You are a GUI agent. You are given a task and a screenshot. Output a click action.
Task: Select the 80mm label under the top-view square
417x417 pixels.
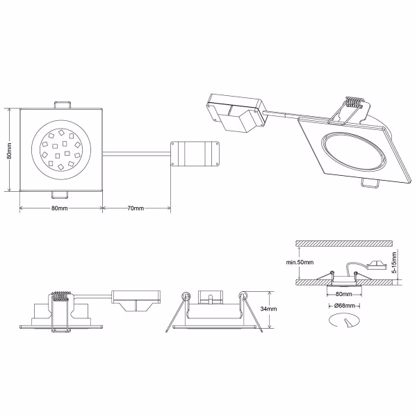point(60,208)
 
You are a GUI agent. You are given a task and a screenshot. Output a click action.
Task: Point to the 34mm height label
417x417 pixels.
point(268,309)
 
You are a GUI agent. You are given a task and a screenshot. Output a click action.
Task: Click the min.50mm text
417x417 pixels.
point(300,262)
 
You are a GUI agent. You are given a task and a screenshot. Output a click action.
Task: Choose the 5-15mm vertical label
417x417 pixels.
point(393,263)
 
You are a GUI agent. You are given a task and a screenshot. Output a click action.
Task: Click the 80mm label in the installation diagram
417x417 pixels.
point(341,293)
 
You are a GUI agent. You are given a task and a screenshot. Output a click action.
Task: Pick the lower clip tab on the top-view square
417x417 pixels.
point(61,194)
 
